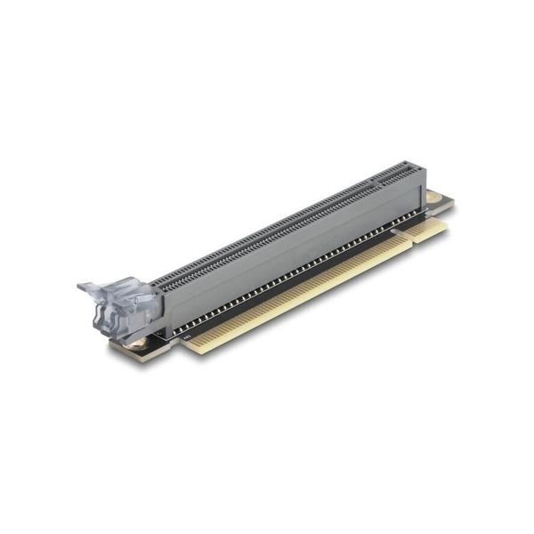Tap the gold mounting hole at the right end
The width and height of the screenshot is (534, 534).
(x=433, y=198)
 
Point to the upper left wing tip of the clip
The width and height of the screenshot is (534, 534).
(x=83, y=286)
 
